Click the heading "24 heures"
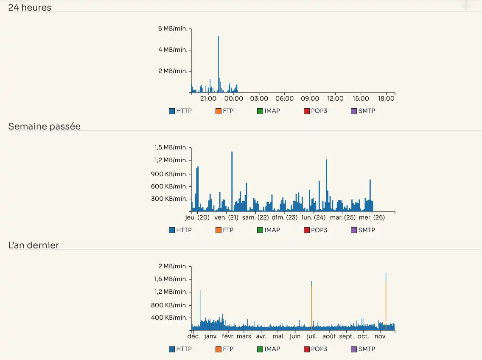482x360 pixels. tap(30, 7)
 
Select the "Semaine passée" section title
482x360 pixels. tap(44, 126)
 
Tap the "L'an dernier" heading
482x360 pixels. tap(34, 245)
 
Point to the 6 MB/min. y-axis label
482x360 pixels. tap(172, 28)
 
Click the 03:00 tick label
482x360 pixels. tap(259, 98)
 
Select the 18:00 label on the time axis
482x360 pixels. tap(386, 98)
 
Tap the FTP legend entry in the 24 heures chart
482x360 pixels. tap(224, 111)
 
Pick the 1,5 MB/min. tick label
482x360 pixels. tap(171, 147)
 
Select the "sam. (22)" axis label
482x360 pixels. tap(255, 217)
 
